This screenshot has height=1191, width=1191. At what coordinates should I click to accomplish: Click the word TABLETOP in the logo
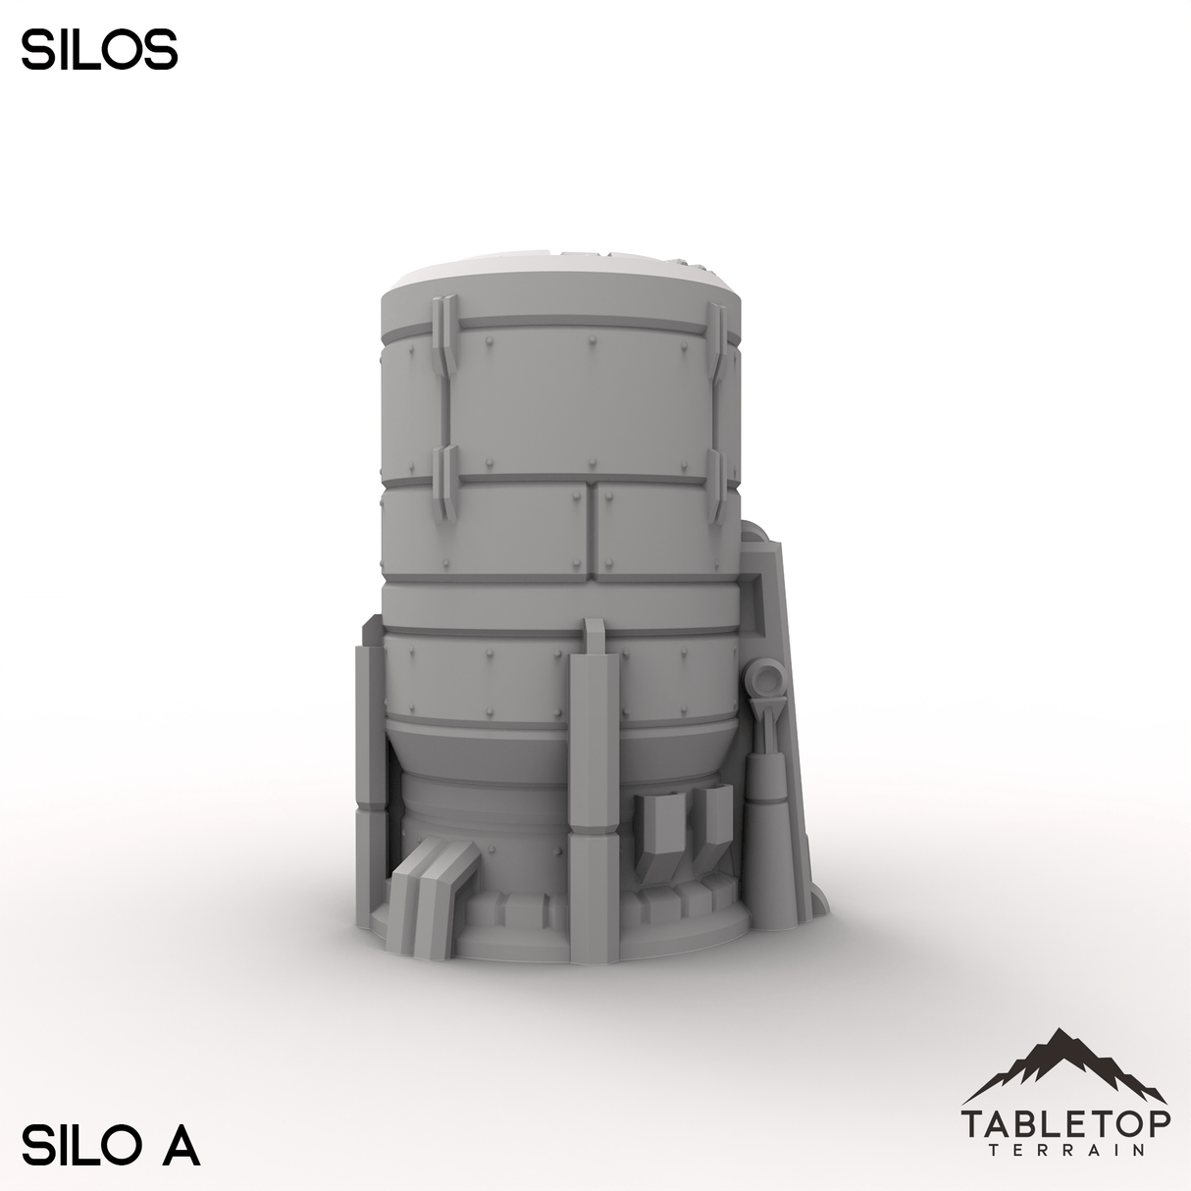[1065, 1121]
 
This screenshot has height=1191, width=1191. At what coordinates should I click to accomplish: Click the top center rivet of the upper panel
[592, 342]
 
